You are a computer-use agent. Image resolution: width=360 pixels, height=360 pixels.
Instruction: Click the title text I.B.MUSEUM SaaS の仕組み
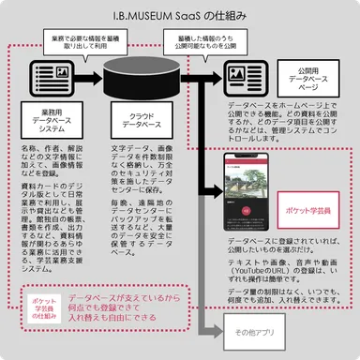179,16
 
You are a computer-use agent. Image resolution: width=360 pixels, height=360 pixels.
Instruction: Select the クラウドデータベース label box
140,125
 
